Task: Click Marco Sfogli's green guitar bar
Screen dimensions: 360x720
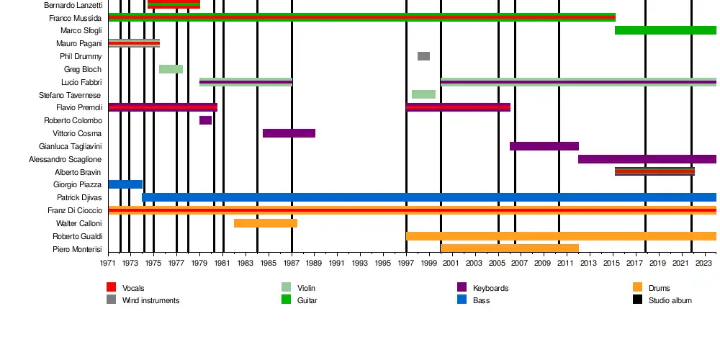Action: coord(665,30)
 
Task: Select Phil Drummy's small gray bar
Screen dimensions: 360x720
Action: coord(423,56)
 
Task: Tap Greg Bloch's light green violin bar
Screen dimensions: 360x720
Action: coord(171,69)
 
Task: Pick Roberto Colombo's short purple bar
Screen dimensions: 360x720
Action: coord(205,120)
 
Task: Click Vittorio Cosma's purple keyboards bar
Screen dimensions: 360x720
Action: coord(289,133)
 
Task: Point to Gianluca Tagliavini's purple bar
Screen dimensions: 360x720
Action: coord(544,146)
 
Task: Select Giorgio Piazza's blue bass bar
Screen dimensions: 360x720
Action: coord(125,184)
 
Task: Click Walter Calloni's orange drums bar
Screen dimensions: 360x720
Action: coord(265,223)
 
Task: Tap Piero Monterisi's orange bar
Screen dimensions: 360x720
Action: coord(509,248)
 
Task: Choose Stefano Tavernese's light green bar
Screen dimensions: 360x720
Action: coord(423,94)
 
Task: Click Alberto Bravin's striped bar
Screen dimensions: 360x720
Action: coord(654,171)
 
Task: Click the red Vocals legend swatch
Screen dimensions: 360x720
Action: coord(112,288)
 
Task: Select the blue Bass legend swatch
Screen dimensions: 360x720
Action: coord(462,300)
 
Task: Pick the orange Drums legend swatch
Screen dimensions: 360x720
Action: coord(638,288)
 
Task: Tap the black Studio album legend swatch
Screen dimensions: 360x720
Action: coord(638,300)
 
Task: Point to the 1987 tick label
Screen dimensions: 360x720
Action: coord(292,263)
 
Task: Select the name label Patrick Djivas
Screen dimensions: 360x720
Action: coord(79,197)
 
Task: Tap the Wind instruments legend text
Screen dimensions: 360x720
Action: coord(150,300)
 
